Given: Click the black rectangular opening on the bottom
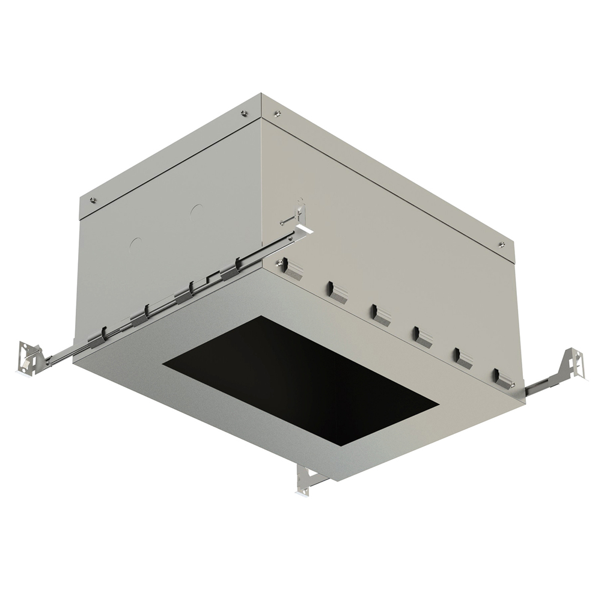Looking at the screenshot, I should point(300,379).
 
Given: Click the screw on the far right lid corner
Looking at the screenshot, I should point(501,244).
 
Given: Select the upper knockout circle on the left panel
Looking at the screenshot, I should point(196,211).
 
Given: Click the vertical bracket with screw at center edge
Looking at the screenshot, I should point(300,216).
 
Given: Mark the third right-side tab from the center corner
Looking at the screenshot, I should point(380,314).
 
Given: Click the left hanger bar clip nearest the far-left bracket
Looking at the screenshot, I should point(96,338).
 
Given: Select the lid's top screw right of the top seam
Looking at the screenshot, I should point(277,112).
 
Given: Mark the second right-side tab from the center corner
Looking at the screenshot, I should point(337,292).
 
